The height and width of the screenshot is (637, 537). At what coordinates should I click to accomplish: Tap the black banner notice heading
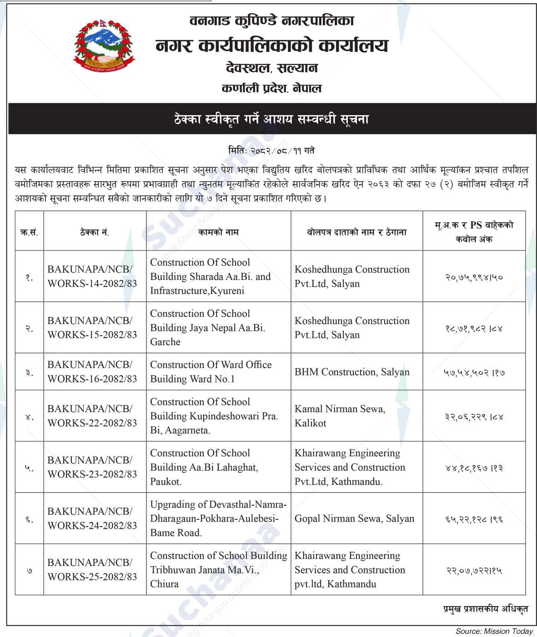point(268,119)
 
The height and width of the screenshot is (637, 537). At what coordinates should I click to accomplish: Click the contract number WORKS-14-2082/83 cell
point(92,276)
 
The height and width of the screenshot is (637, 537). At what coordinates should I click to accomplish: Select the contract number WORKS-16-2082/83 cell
point(92,372)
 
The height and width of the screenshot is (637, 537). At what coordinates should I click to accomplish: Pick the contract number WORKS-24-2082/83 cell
point(92,518)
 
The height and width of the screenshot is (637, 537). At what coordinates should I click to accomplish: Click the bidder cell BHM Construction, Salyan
point(352,372)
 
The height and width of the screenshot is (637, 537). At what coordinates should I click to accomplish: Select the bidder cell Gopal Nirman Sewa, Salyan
point(354,518)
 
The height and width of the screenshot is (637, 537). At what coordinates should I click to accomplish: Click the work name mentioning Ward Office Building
point(211,372)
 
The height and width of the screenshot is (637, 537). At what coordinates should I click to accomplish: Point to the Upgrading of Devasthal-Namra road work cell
point(218,518)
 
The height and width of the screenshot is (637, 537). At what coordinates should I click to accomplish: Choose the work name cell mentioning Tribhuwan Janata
point(218,569)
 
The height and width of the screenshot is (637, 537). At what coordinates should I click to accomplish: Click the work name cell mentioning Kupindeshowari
point(214,416)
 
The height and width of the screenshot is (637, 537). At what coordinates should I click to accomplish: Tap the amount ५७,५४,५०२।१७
point(474,373)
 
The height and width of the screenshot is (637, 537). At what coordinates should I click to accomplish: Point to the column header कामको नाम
point(218,232)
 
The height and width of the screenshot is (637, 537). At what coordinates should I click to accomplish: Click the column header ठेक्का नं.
point(94,232)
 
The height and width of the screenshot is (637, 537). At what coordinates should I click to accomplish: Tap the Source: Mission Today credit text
point(494,631)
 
